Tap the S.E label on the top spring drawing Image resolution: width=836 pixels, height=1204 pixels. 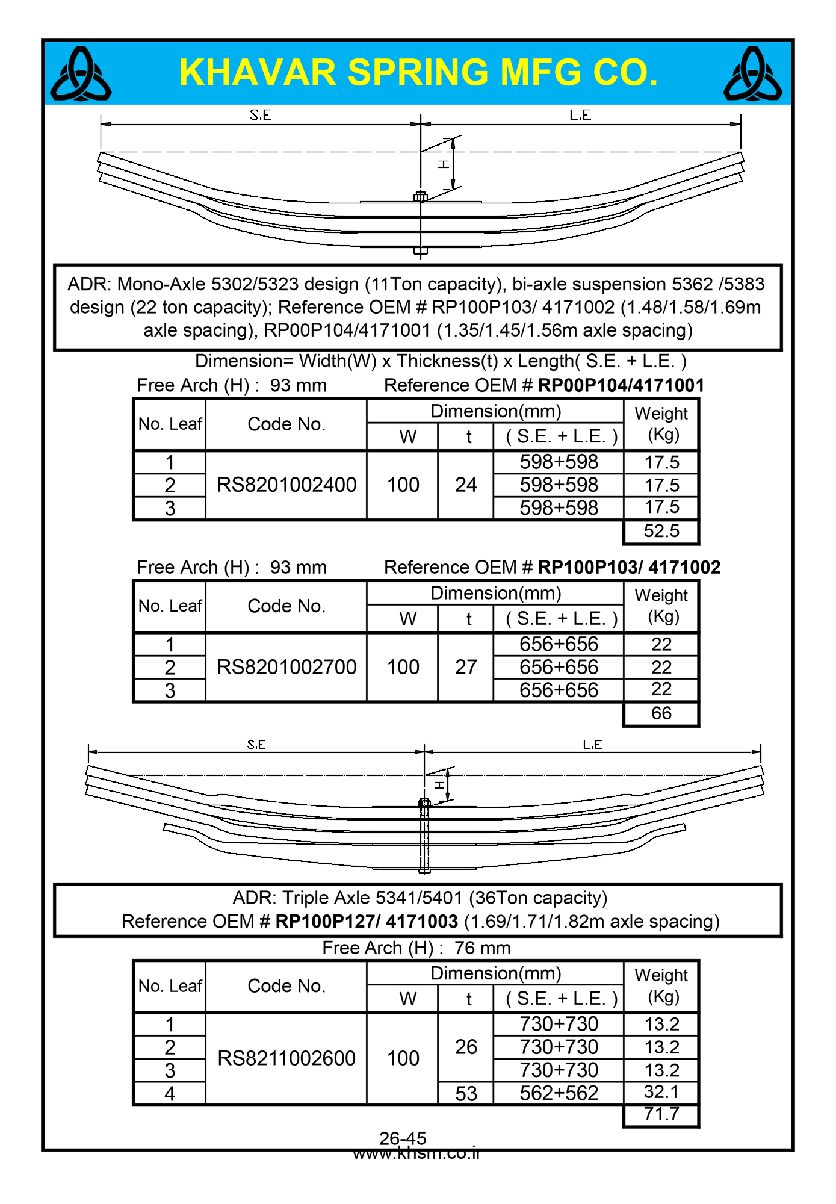pos(261,115)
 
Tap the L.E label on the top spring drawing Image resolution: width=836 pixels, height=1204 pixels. pos(580,115)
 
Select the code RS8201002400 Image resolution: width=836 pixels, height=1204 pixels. pos(286,485)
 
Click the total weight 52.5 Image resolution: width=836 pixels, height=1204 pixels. pos(661,531)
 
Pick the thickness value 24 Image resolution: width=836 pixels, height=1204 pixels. pos(466,485)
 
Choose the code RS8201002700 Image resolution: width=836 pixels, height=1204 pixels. pos(286,667)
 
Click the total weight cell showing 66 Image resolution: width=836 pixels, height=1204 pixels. pos(661,713)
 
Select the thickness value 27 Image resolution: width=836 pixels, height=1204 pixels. pos(466,667)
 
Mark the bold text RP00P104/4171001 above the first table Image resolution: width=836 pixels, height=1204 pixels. pos(621,385)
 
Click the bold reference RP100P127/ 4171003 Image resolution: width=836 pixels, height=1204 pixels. pos(367,922)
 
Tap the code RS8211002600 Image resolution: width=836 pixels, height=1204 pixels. pos(286,1058)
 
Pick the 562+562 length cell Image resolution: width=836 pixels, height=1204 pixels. pos(559,1093)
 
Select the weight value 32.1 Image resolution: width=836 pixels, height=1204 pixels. pos(661,1092)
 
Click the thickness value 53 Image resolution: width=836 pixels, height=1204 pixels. pos(466,1094)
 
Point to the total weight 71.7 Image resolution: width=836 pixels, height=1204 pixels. pos(661,1114)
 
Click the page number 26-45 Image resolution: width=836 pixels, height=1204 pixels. pos(403,1138)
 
